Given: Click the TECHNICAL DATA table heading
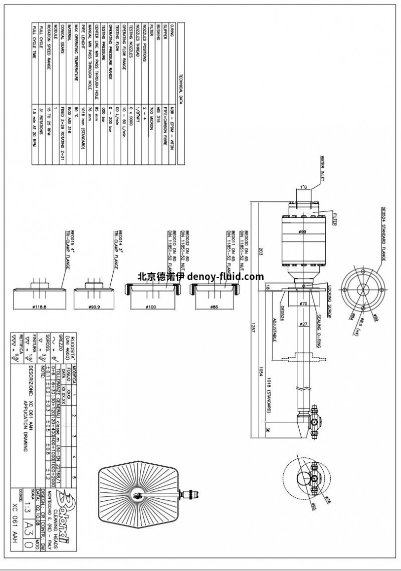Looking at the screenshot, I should [180, 86].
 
